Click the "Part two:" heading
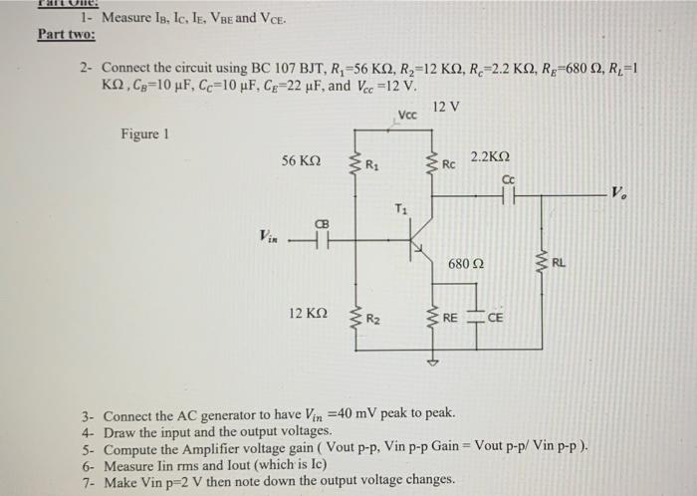pyautogui.click(x=66, y=33)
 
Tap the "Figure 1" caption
pyautogui.click(x=145, y=133)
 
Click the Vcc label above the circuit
pyautogui.click(x=408, y=116)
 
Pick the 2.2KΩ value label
pyautogui.click(x=490, y=156)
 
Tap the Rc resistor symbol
pyautogui.click(x=431, y=165)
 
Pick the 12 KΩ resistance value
pyautogui.click(x=309, y=313)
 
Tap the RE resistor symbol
pyautogui.click(x=431, y=319)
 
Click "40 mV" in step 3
pyautogui.click(x=398, y=412)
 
